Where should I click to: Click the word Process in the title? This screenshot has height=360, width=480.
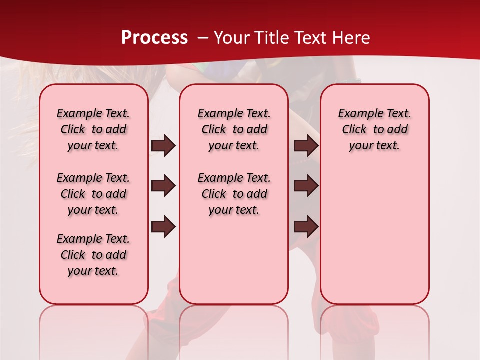click(154, 38)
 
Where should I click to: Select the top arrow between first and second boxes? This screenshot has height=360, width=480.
click(163, 146)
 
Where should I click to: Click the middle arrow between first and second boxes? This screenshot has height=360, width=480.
click(163, 186)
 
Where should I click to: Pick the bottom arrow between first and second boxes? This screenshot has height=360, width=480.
click(163, 226)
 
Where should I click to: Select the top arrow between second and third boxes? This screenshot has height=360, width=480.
click(306, 146)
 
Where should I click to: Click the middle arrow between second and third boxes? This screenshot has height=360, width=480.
click(306, 186)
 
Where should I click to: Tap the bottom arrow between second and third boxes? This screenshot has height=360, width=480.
click(306, 226)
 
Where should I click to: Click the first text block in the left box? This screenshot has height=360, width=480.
click(93, 129)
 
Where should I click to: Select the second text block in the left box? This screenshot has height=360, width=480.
click(93, 194)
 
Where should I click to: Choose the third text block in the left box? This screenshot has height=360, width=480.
click(93, 255)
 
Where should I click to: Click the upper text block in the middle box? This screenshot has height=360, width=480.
click(234, 129)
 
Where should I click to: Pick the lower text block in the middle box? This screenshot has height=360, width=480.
click(234, 194)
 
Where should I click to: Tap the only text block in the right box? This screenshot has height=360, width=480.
click(374, 129)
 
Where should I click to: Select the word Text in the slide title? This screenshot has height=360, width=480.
click(308, 38)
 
